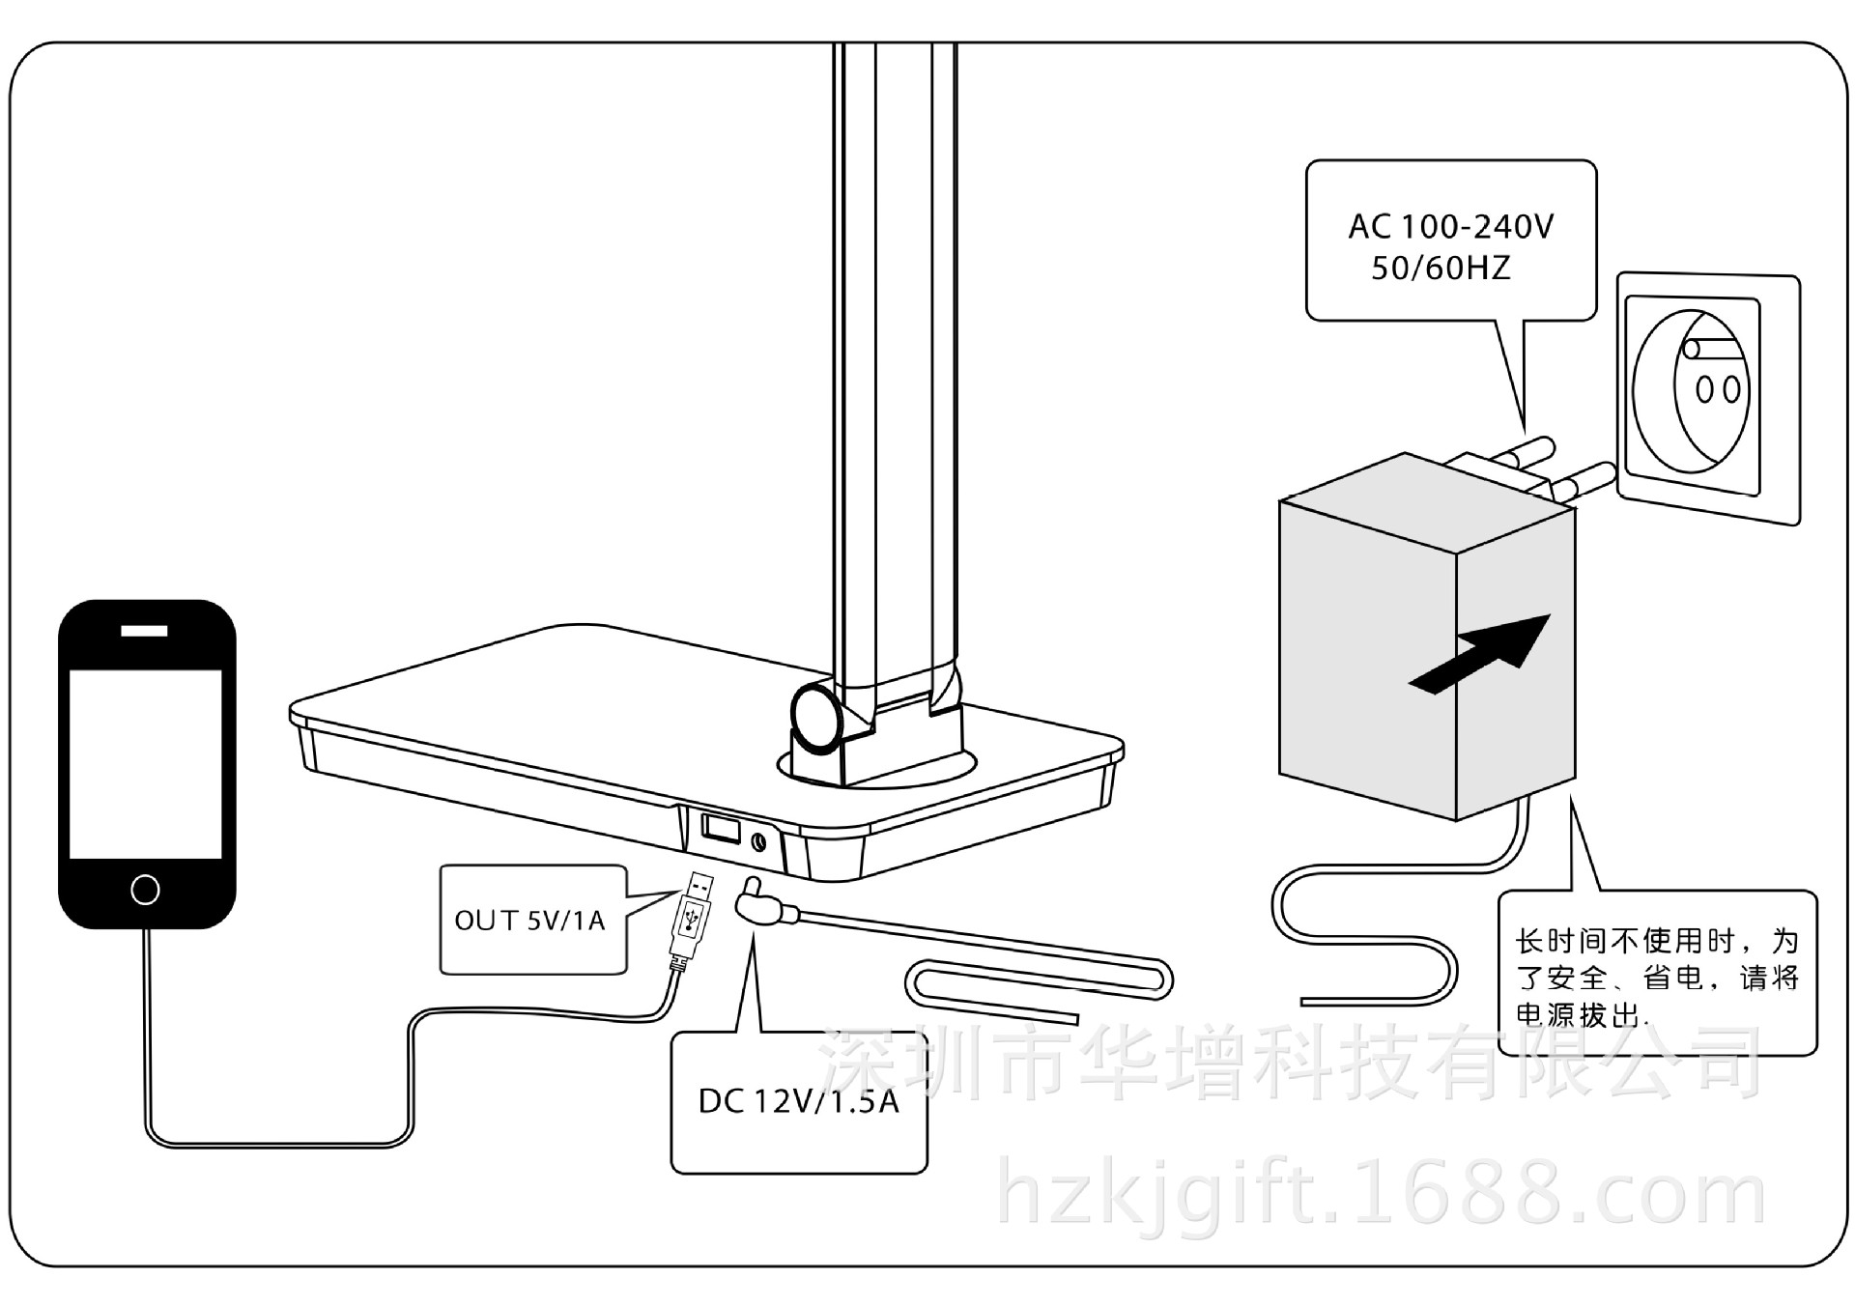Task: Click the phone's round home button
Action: [145, 889]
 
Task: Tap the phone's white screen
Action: [145, 763]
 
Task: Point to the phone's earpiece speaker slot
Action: [144, 631]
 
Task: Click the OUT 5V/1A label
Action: [529, 921]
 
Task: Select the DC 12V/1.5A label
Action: [798, 1101]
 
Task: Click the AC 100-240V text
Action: [1450, 227]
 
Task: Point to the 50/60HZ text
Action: [1441, 268]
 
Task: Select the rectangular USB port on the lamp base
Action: [721, 828]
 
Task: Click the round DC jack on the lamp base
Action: [758, 841]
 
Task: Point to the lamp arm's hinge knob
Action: [815, 715]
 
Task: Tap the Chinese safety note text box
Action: [1657, 976]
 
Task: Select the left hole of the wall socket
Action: [1705, 390]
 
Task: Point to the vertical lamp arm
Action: [895, 357]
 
